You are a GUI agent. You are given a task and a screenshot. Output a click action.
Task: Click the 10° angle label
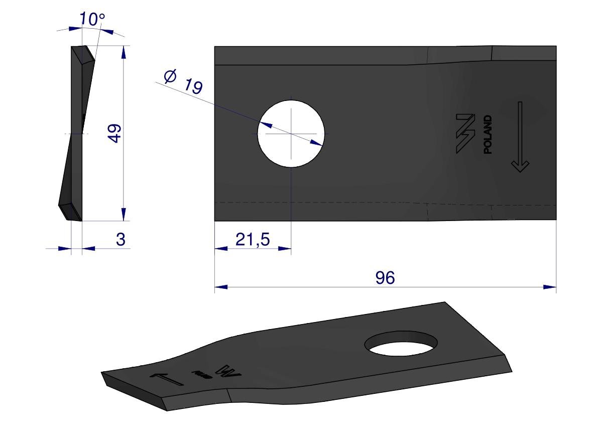(x=92, y=19)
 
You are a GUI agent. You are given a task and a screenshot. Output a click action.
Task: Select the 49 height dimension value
(x=114, y=133)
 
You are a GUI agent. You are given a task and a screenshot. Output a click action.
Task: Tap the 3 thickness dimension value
(x=121, y=240)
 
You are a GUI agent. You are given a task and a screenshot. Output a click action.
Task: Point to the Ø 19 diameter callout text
(x=183, y=81)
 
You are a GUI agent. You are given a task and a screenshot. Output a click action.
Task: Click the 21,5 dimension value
(x=253, y=240)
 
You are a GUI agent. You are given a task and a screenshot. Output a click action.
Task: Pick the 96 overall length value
(x=385, y=278)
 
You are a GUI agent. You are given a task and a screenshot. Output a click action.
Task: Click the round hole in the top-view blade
(x=291, y=134)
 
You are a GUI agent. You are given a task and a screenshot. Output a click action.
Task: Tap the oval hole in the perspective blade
(x=401, y=343)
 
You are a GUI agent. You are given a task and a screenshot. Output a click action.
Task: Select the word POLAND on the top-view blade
(x=488, y=135)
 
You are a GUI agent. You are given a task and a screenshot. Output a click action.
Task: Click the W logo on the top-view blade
(x=465, y=134)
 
